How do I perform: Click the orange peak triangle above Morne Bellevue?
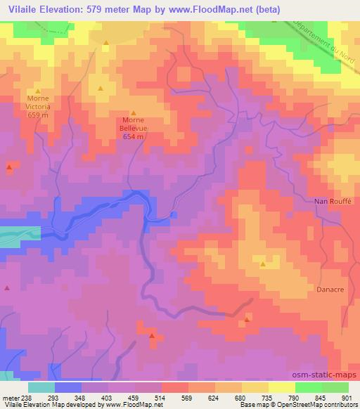pos(134,112)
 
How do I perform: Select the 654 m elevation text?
pos(134,137)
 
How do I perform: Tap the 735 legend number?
pos(268,397)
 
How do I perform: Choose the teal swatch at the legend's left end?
pos(41,387)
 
